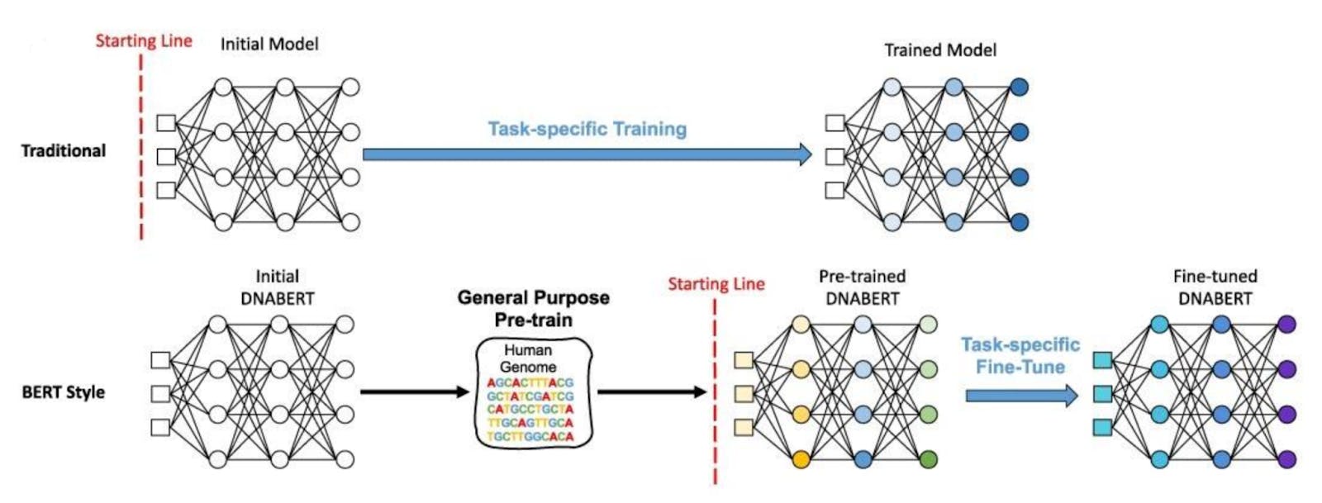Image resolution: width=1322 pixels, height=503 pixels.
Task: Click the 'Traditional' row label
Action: coord(64,151)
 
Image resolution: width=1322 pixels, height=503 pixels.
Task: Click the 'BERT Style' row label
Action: coord(64,392)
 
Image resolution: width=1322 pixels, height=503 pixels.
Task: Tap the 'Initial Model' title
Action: coord(269,45)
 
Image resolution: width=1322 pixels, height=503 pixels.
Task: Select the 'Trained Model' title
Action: coord(940,50)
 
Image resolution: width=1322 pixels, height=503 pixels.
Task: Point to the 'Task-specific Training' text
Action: coord(587,129)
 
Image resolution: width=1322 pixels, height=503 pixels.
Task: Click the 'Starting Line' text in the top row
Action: coord(144,41)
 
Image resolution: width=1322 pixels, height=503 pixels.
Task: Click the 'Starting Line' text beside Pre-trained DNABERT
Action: coord(716,285)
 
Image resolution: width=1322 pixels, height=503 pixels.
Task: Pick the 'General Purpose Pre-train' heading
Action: coord(534,308)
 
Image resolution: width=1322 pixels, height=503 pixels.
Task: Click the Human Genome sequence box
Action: coord(534,393)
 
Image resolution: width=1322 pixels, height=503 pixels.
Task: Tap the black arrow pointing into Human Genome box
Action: coord(415,391)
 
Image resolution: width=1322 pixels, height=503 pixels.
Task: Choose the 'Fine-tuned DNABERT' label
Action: coord(1215,287)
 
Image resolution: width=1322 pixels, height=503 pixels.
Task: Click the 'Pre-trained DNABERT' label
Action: coord(862,287)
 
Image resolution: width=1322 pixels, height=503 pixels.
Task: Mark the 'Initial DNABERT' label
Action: coord(278,287)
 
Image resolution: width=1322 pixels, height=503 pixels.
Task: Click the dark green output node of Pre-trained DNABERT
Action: coord(928,458)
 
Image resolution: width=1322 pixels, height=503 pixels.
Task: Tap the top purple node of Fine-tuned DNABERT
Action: coord(1286,325)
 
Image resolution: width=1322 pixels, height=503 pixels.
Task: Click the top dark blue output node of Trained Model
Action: coord(1019,87)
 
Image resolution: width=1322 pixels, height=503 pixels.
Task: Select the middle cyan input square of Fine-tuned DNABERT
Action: coord(1102,394)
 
